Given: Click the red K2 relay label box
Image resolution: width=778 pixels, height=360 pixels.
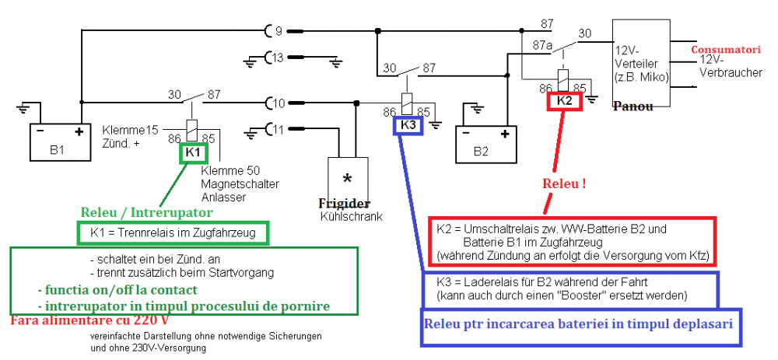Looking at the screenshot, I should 565,100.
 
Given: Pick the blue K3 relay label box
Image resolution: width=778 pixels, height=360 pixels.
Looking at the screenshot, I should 408,124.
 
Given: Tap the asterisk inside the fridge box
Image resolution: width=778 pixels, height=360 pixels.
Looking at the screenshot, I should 347,177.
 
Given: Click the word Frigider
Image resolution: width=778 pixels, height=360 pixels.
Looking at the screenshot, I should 344,203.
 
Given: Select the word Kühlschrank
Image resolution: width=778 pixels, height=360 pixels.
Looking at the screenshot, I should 351,216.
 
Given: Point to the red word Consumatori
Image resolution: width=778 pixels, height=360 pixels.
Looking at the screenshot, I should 726,50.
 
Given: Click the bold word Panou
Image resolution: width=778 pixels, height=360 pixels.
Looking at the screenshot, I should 633,106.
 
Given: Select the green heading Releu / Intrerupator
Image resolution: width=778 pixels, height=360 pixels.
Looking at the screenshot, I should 146,211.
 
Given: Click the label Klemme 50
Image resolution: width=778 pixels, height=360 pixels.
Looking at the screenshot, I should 226,170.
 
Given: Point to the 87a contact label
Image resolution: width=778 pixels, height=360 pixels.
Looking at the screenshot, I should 542,46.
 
